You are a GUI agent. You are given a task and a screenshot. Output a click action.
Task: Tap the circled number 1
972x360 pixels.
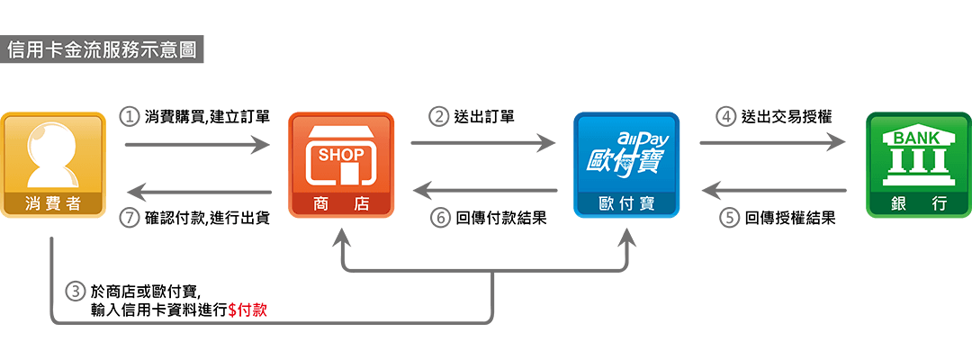[130, 116]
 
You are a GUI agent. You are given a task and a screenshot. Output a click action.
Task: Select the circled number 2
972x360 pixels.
[438, 116]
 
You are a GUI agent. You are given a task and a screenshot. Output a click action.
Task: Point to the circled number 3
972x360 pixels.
[76, 292]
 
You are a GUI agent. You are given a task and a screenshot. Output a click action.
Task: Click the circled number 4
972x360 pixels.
[725, 116]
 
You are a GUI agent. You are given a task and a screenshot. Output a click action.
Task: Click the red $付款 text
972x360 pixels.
[247, 310]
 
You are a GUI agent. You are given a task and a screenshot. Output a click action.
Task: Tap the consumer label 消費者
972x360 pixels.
[53, 203]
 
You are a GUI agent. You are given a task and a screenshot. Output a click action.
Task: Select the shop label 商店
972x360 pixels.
[341, 203]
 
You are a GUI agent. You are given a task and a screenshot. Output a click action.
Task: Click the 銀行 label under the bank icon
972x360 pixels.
[919, 203]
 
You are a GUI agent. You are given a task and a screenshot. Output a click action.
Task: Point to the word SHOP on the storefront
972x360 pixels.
[341, 155]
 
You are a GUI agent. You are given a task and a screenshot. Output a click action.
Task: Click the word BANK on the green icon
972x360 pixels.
[919, 138]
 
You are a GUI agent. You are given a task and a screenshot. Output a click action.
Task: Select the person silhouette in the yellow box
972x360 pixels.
[53, 153]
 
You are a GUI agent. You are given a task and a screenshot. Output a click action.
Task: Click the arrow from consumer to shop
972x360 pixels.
[197, 144]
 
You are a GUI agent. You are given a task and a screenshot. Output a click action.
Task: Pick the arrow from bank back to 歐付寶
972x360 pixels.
[773, 191]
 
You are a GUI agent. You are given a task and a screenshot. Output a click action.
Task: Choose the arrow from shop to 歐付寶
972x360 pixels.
[483, 142]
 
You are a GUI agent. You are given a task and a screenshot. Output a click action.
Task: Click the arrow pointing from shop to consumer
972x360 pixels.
[197, 191]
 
